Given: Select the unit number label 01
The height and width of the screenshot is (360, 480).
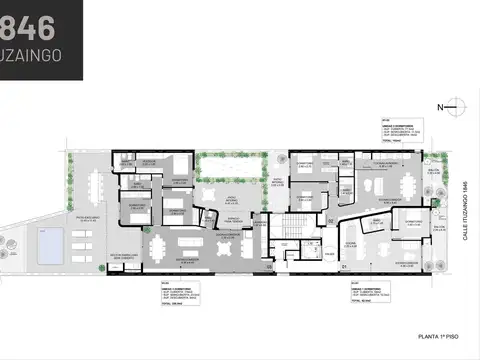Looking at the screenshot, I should click(343, 266).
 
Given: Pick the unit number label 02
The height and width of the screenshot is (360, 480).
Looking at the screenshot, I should click(330, 219).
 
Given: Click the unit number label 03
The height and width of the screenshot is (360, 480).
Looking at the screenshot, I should click(270, 266).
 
